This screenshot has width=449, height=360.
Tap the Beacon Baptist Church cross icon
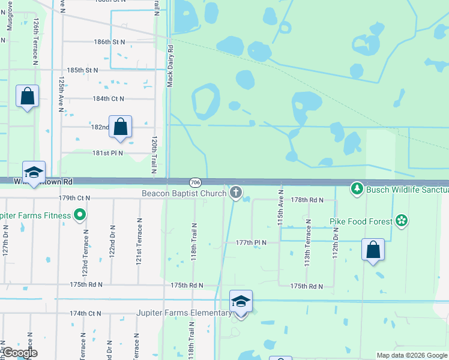pos(236,193)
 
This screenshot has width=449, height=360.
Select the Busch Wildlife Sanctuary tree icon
pos(358,190)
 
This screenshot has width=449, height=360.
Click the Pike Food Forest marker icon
pos(401,221)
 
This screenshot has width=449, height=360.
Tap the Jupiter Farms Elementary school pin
pos(241,302)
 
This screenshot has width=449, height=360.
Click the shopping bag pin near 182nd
pos(121,127)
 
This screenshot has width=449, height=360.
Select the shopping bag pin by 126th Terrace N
pos(28,97)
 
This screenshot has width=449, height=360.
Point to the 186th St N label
pos(109,42)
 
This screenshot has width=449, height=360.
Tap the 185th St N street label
pos(82,70)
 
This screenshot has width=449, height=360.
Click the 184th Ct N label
pos(108,98)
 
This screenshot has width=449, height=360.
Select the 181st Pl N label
pos(107,153)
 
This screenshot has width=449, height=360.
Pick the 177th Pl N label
pos(251,242)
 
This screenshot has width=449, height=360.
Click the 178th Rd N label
pos(307,199)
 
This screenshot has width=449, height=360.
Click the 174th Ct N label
pos(85,313)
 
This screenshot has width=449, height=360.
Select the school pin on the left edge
pos(34,172)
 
